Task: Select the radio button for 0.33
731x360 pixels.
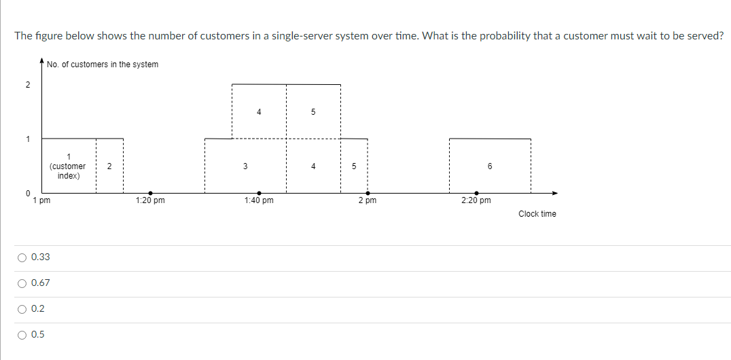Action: [22, 257]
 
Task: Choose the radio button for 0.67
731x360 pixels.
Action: [22, 283]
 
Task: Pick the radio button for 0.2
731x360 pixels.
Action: [22, 309]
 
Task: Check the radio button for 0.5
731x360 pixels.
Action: [22, 335]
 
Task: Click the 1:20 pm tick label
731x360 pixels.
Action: [150, 201]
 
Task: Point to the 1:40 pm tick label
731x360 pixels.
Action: [259, 201]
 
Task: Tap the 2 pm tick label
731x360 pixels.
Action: [368, 201]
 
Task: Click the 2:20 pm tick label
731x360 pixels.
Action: [476, 201]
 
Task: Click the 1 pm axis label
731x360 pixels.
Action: [41, 201]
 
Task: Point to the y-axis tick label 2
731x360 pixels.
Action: [28, 85]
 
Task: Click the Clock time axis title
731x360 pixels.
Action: [537, 214]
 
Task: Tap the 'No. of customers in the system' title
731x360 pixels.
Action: [103, 65]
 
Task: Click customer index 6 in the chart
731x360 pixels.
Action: [490, 166]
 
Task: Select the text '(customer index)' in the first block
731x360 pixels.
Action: [68, 170]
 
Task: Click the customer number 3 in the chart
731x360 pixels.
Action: [245, 166]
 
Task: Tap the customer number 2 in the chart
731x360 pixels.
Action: [109, 166]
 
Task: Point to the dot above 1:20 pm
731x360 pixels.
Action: [150, 193]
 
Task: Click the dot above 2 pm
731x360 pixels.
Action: [368, 193]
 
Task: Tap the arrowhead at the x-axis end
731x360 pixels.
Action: [554, 193]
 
